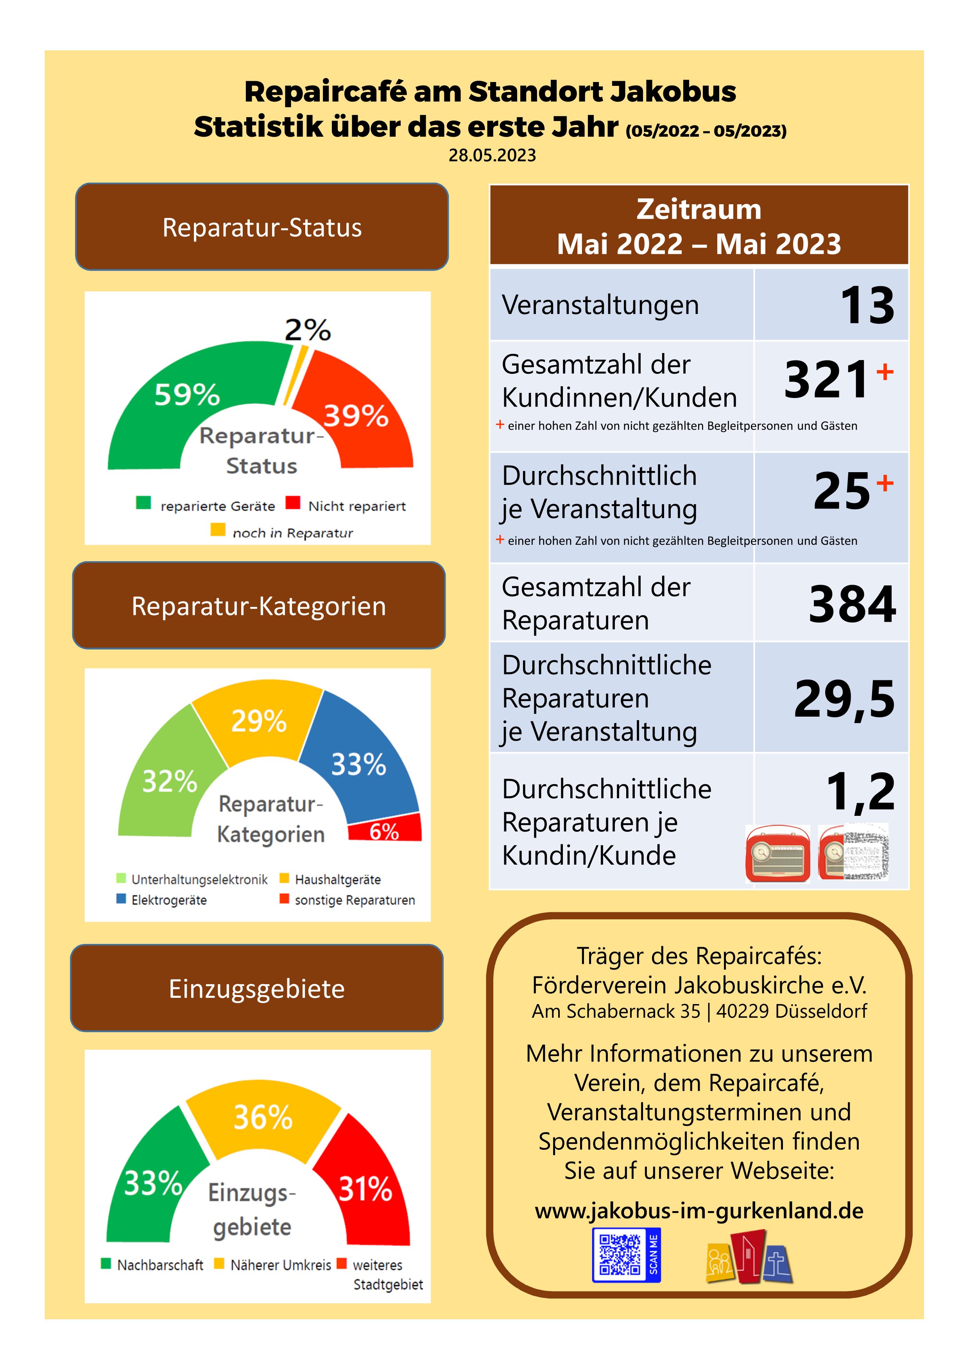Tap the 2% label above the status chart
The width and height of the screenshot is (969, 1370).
[308, 330]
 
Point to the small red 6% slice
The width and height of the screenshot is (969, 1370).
[385, 830]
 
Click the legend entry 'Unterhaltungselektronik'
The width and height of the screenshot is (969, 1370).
[199, 879]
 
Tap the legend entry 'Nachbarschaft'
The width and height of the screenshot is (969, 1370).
[159, 1265]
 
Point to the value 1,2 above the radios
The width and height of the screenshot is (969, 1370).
[860, 791]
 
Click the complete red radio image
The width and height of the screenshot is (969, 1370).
[777, 853]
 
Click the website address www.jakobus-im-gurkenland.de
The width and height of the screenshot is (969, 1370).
[699, 1211]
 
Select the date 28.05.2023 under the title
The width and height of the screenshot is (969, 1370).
[492, 155]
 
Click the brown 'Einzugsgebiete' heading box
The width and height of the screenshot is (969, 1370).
[257, 989]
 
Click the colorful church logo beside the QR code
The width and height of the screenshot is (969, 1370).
[749, 1257]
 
